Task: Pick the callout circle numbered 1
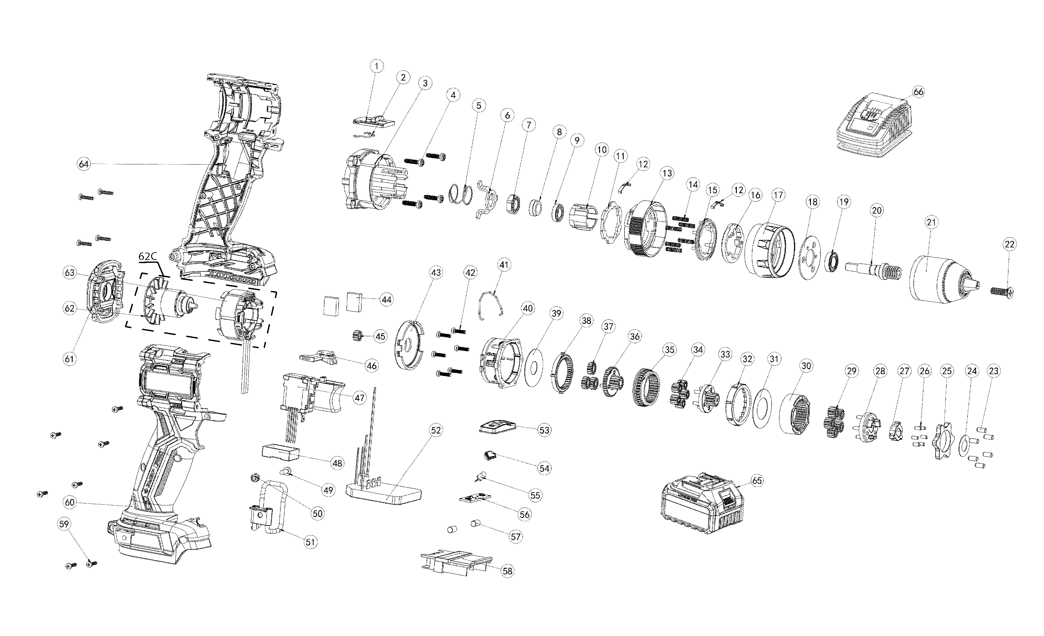click(377, 66)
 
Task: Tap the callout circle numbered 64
click(84, 164)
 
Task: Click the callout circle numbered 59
click(64, 524)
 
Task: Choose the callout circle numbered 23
click(993, 371)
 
